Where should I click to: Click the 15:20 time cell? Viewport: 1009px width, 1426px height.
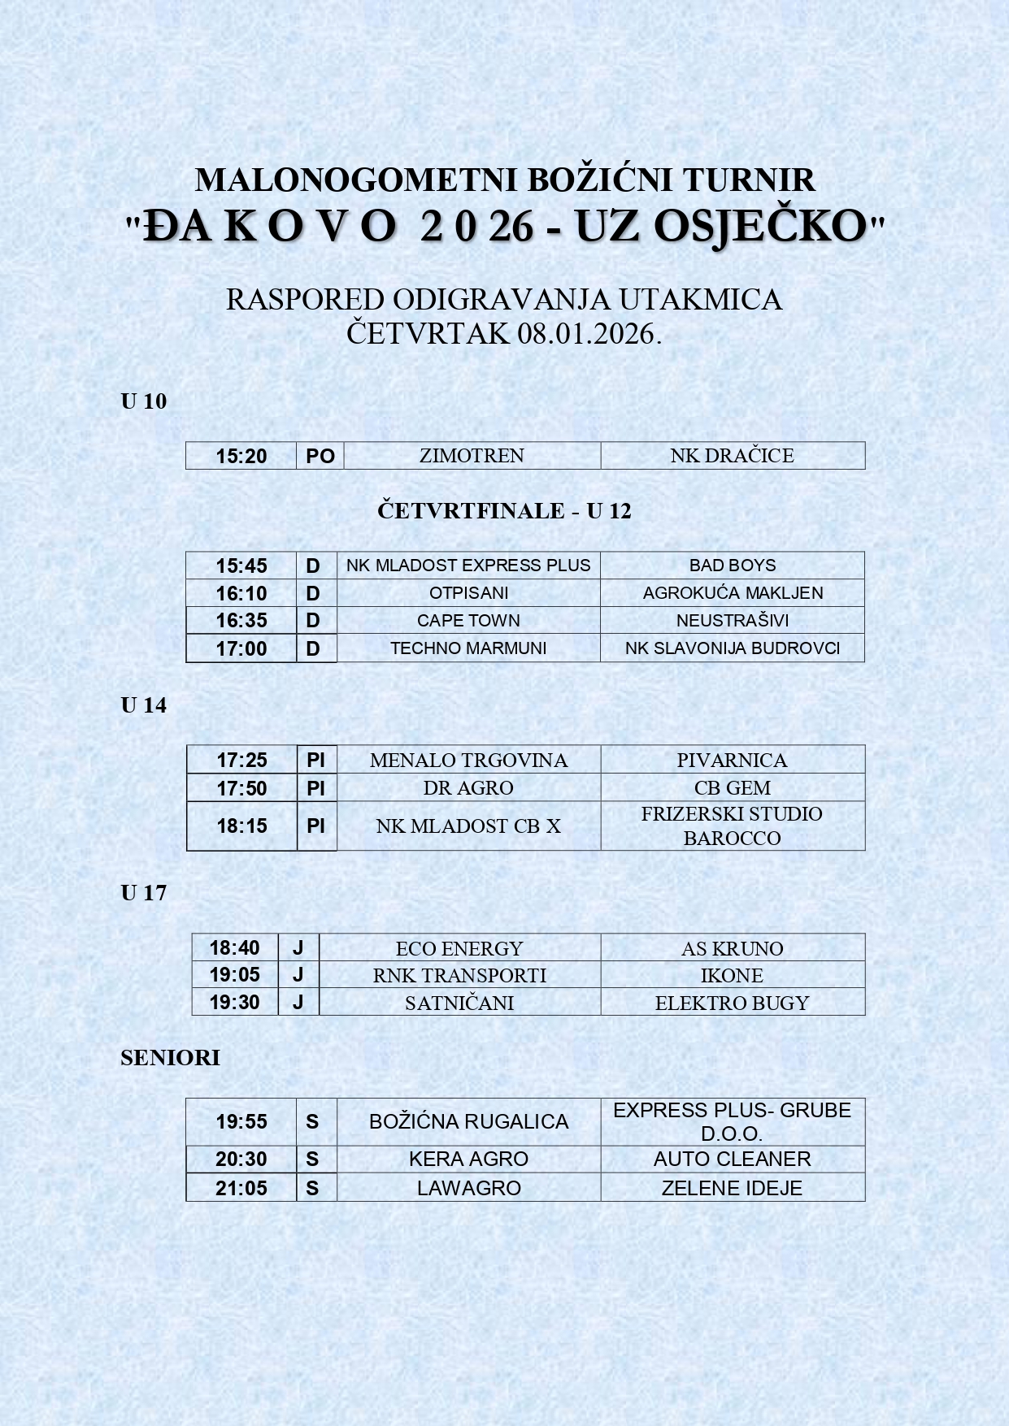point(241,456)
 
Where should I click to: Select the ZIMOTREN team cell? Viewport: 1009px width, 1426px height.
point(472,456)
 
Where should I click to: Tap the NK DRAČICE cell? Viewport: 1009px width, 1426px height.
point(732,456)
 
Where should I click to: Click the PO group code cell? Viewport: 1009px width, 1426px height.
point(320,456)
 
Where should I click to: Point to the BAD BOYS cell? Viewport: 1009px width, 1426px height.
point(732,566)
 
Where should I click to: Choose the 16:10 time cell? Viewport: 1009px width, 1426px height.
point(241,593)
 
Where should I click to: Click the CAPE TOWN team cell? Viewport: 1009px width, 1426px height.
point(468,621)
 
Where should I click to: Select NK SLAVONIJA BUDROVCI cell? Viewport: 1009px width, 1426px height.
point(732,648)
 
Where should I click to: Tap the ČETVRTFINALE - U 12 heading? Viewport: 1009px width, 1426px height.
point(504,511)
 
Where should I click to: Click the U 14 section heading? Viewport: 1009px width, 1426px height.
point(144,705)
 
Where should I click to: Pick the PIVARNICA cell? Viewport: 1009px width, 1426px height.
point(732,761)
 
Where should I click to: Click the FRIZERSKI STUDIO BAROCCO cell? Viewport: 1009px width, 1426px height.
point(732,826)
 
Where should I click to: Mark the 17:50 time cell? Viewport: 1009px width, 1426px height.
point(241,788)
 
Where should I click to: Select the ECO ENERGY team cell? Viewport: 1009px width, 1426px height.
point(459,948)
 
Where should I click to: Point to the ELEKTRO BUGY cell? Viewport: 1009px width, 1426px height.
point(732,1003)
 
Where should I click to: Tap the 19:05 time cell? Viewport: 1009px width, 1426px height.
point(234,975)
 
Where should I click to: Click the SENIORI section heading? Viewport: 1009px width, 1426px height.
point(170,1058)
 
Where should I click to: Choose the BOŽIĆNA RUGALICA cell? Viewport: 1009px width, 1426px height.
point(468,1122)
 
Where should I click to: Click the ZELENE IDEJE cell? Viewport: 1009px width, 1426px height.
point(732,1188)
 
